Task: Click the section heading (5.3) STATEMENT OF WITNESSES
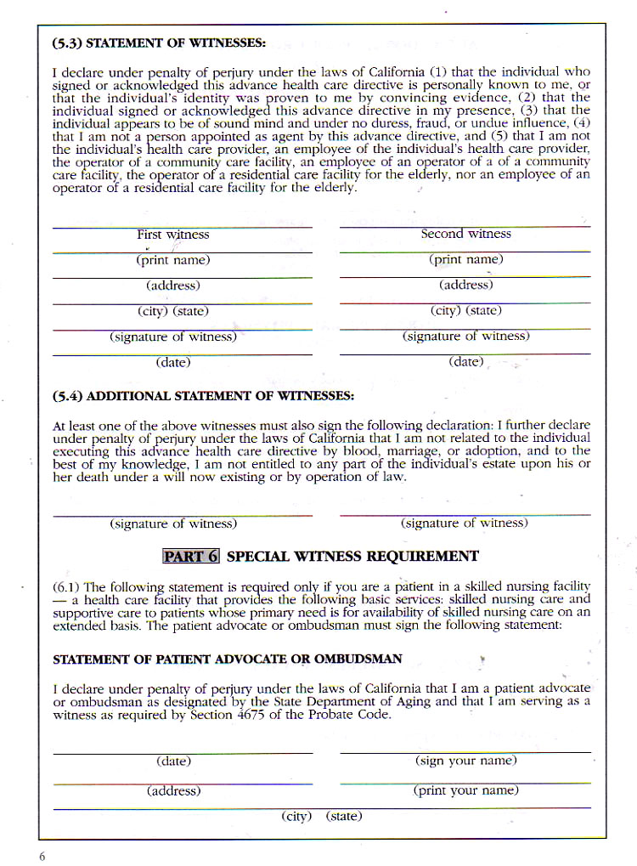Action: (159, 42)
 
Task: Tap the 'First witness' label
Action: (173, 235)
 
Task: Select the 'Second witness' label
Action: (465, 234)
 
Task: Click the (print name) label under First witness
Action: (173, 260)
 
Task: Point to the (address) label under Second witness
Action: (465, 285)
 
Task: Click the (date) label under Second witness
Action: (465, 362)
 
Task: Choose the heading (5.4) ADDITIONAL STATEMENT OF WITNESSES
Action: (203, 396)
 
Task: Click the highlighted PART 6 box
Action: (191, 557)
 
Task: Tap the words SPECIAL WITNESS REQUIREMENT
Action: (352, 557)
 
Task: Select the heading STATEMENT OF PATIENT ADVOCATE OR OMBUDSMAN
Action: (228, 659)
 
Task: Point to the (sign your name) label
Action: (465, 761)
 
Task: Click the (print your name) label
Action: (465, 790)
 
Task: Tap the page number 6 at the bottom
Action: (42, 856)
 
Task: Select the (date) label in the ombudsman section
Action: (173, 761)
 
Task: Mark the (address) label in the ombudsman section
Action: (173, 790)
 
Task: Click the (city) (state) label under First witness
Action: (173, 311)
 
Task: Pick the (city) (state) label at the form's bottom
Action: (322, 816)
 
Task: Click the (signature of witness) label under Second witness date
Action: (465, 524)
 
